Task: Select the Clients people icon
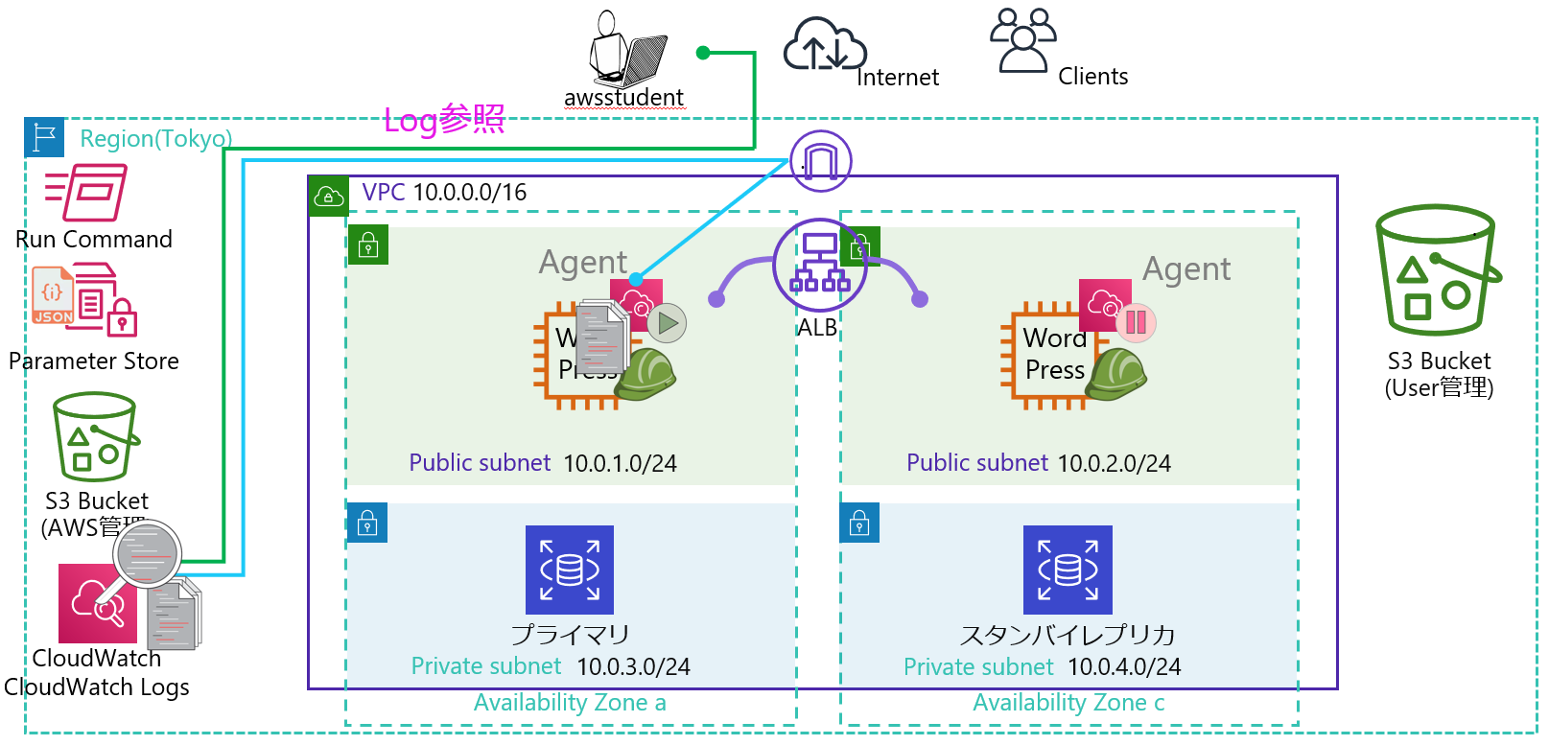[1022, 40]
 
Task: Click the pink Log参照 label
[444, 120]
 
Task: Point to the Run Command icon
[86, 193]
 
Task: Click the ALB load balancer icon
[820, 265]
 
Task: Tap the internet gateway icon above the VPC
[820, 161]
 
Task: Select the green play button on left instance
[667, 324]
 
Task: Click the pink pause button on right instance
[1136, 322]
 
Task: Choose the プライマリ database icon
[570, 570]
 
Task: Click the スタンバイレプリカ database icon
[1068, 570]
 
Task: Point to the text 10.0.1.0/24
[620, 464]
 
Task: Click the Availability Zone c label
[1068, 703]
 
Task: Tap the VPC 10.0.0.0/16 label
[444, 193]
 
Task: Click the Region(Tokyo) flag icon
[44, 138]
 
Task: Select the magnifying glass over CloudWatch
[147, 553]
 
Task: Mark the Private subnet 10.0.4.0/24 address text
[1124, 667]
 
